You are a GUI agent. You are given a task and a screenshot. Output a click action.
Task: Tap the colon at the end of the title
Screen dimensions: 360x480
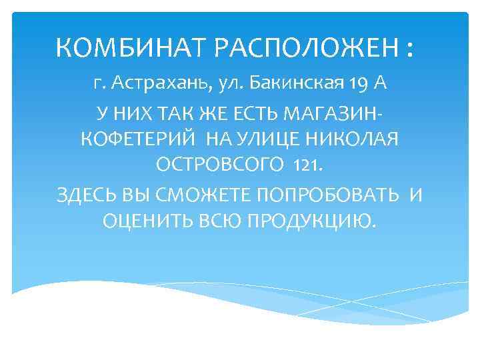coord(408,49)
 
